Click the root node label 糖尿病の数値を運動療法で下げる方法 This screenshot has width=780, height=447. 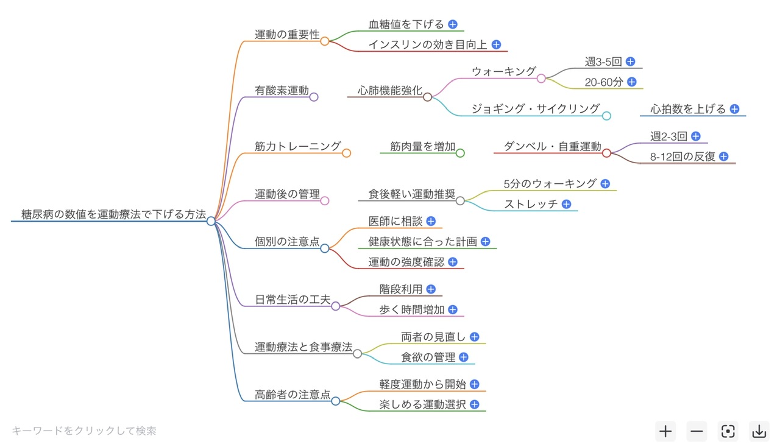109,215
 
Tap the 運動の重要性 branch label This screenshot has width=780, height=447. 287,35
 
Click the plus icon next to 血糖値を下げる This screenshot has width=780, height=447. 453,24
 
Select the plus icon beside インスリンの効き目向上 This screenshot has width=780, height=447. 496,44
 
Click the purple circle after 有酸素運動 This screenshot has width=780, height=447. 314,97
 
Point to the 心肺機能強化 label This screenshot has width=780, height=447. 390,91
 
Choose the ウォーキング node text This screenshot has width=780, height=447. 504,71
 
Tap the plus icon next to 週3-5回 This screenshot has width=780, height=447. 631,62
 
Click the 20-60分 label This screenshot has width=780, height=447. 603,82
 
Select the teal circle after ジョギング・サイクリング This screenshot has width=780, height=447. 606,116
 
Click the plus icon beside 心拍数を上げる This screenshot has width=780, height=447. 735,109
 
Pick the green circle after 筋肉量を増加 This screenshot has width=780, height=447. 460,153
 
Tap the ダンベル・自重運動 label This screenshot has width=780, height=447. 552,146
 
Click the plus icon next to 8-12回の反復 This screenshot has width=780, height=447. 724,156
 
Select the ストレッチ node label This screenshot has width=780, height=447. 531,204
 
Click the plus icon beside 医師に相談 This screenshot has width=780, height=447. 431,221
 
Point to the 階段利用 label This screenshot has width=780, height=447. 401,289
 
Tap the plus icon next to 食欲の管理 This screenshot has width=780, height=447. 464,357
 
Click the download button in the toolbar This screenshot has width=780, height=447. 759,431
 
